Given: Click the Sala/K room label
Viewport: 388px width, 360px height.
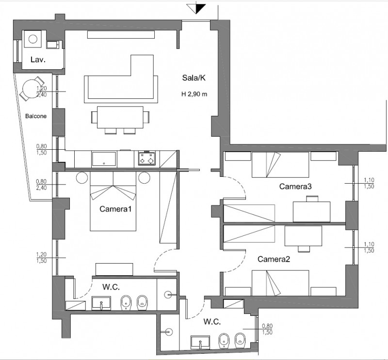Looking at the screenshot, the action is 194,78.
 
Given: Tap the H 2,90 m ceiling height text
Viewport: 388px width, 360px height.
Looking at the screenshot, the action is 194,94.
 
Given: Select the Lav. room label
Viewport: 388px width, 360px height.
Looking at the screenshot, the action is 38,60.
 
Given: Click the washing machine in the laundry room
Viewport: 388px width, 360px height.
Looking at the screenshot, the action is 32,39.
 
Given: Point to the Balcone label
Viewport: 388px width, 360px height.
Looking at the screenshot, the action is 36,116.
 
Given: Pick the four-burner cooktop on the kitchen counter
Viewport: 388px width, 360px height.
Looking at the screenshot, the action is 147,158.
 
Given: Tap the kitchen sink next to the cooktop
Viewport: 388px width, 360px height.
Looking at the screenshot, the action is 104,159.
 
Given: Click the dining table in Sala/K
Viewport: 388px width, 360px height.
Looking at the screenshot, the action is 120,117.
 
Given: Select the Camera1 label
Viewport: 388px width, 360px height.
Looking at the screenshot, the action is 115,209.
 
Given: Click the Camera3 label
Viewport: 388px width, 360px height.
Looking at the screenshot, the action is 295,186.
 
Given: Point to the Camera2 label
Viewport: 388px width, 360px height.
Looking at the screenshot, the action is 274,259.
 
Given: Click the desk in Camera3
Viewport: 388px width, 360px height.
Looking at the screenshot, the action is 311,212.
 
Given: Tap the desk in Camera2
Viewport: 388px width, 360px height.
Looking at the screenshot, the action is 303,236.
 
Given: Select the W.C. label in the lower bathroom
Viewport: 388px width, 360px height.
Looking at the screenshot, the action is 212,322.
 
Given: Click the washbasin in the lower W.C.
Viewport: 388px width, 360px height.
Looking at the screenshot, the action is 200,343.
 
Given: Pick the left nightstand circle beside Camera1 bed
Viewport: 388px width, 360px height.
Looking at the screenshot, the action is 82,177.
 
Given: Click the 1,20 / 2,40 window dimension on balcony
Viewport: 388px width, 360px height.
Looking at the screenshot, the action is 42,92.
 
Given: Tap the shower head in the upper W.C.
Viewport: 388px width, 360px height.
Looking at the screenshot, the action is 168,294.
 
